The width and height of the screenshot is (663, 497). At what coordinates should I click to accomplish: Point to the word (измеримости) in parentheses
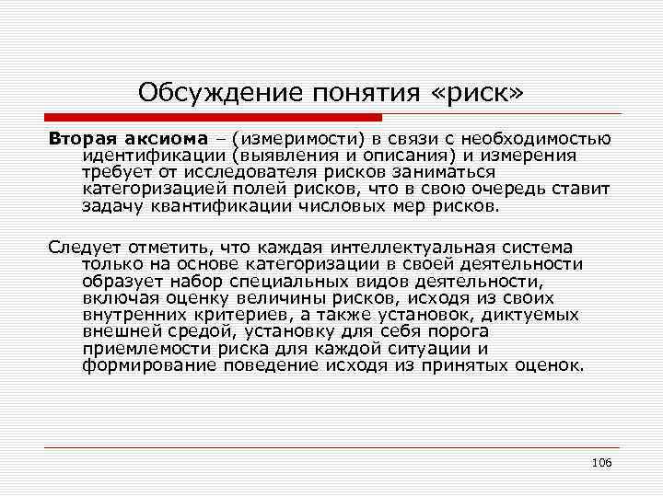click(x=294, y=138)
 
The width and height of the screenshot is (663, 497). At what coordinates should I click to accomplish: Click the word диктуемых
click(x=530, y=315)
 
